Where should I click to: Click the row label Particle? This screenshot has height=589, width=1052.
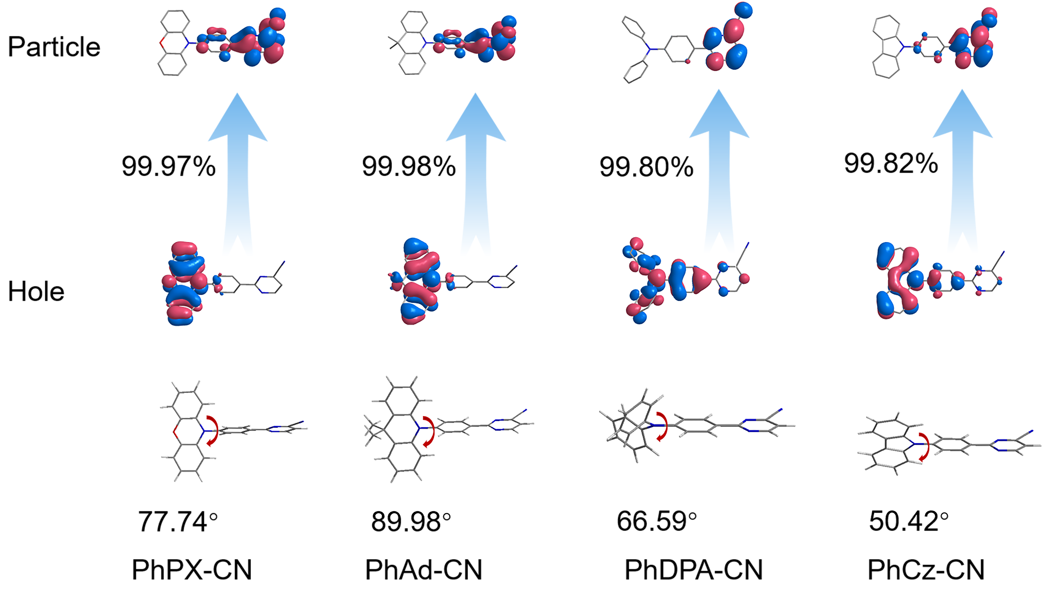coord(54,46)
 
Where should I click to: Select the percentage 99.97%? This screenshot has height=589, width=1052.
coord(168,166)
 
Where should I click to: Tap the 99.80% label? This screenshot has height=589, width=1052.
coord(646,167)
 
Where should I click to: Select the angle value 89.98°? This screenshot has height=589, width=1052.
coord(411,522)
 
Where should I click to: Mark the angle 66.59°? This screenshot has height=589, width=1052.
coord(657,521)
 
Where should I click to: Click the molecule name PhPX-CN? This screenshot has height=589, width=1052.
coord(192,569)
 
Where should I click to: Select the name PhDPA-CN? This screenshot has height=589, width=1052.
coord(693,569)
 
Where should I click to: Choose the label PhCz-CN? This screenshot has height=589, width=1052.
coord(926,569)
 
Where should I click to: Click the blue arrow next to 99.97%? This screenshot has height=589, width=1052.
coord(238,171)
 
